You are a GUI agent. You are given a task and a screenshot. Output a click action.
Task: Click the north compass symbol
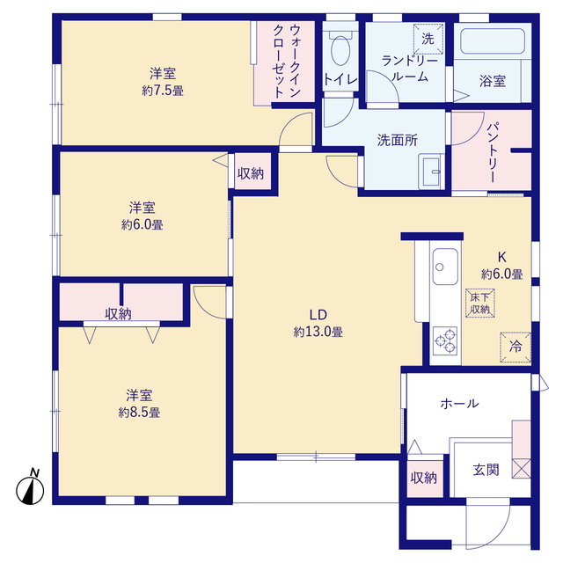coord(30,490)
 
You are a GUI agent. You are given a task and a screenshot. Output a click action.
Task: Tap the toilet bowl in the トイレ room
coord(340,50)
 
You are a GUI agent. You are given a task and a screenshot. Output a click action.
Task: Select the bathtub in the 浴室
coord(493,41)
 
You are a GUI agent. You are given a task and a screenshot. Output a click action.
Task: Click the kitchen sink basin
coord(445,267)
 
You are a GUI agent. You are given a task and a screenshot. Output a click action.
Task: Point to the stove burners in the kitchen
coord(445,340)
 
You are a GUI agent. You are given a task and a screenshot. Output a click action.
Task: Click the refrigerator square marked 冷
coord(515,347)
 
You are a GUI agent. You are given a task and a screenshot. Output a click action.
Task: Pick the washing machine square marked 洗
coord(428,39)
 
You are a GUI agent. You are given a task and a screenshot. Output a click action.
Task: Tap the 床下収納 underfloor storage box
coord(480,303)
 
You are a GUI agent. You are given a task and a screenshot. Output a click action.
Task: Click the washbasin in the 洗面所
coord(432,172)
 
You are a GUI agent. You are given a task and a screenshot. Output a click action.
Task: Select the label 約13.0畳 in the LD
coord(318,332)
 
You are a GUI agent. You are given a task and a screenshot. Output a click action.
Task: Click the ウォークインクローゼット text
coord(288,61)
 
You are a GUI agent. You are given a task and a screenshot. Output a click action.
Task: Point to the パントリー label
coord(493,152)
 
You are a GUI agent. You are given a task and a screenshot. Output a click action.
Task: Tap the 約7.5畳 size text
coord(163,91)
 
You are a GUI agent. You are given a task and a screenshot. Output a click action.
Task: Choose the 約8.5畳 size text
coord(139,413)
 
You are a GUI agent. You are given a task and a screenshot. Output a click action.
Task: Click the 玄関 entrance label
coord(486,470)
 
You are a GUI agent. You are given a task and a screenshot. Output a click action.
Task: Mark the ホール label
coord(459,404)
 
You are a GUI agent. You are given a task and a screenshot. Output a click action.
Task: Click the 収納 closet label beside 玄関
coord(424,478)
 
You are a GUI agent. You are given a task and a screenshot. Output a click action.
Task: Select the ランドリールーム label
coord(410,69)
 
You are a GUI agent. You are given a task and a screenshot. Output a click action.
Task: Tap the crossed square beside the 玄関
coord(522,469)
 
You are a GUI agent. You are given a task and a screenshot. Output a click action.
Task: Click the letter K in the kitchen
coord(502,257)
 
